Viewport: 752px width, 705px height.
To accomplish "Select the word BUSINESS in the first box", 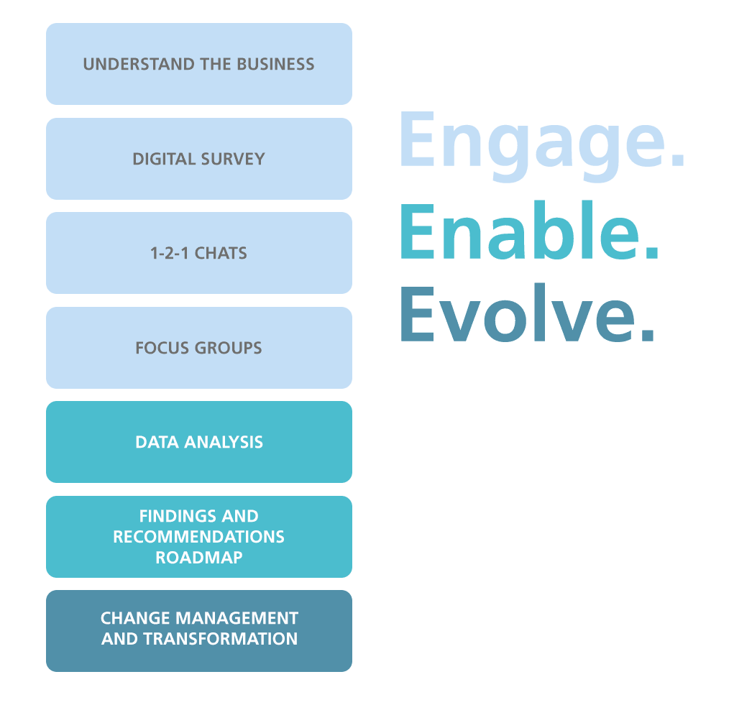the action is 276,64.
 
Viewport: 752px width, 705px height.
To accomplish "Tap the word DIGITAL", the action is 163,159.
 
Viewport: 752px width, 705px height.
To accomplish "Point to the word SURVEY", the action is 233,159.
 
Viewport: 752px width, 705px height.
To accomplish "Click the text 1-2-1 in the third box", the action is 169,253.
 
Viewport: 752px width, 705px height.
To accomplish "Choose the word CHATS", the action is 221,253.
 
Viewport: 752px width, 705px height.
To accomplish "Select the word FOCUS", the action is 162,348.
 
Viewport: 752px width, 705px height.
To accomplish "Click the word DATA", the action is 157,443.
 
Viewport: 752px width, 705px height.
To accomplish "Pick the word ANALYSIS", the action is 224,443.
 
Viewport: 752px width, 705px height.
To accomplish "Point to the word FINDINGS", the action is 178,516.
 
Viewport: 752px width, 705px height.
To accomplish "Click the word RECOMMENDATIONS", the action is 198,537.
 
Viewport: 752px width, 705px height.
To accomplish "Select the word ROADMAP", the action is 199,558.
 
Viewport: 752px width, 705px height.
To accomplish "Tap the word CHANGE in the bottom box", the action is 135,618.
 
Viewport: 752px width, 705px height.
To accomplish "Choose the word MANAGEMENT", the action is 237,618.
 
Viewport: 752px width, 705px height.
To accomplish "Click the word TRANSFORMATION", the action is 221,639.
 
